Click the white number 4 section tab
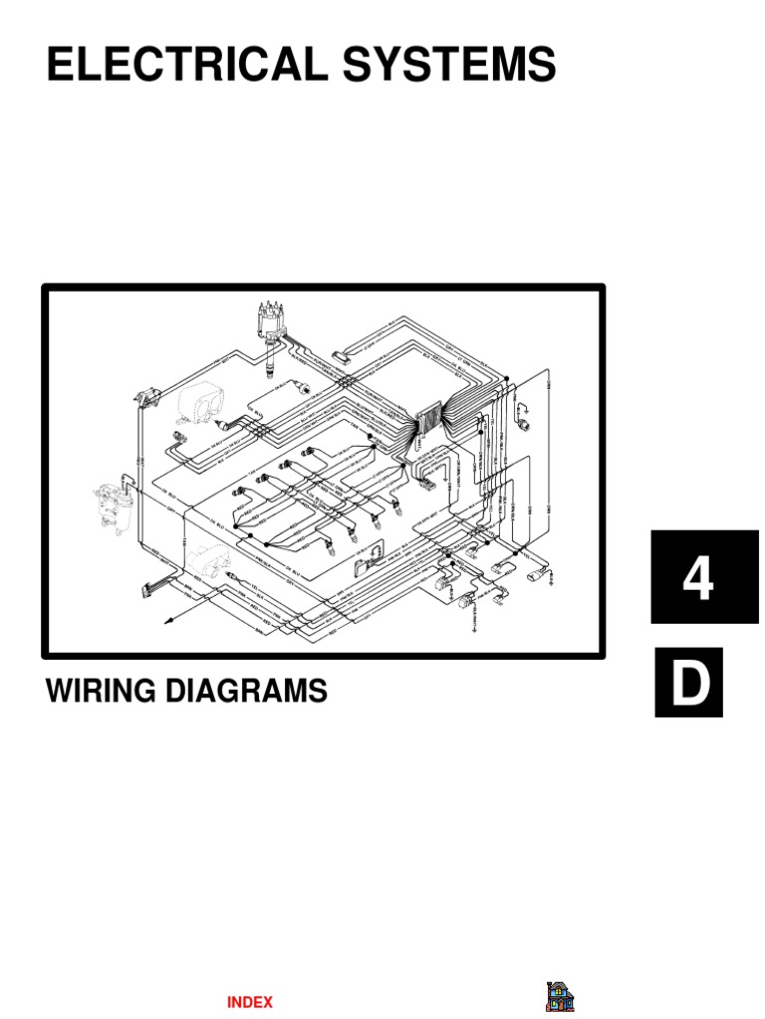[697, 578]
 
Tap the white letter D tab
[689, 684]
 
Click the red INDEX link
[249, 1002]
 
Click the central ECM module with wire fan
[430, 418]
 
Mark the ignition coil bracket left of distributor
[145, 396]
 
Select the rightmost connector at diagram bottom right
[544, 575]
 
